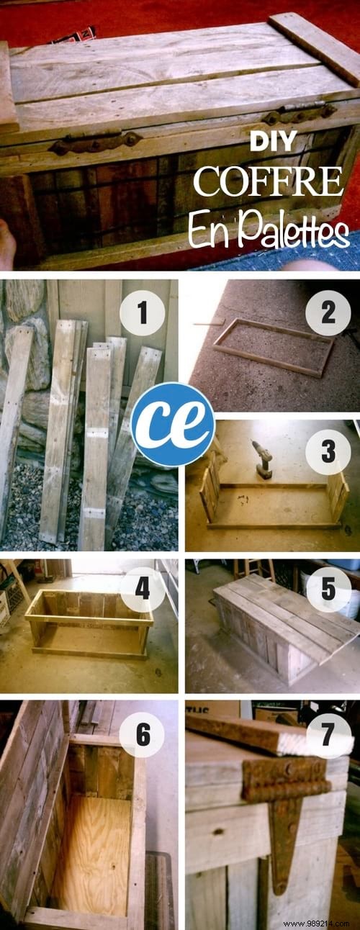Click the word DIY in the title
[272, 143]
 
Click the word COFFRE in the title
[267, 182]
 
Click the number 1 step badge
[141, 314]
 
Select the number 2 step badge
[328, 314]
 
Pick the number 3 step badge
[328, 452]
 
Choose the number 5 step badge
[328, 589]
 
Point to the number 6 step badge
[141, 734]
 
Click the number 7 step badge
[328, 734]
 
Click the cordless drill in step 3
[262, 459]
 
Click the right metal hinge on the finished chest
[299, 114]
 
